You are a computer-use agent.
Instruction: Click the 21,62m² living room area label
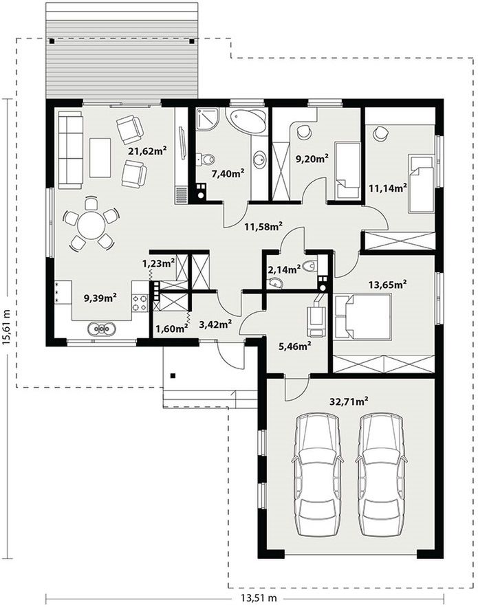click(147, 151)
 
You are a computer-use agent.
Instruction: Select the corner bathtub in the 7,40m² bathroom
click(246, 121)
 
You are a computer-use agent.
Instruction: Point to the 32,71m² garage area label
click(349, 401)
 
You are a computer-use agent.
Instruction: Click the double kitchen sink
click(102, 329)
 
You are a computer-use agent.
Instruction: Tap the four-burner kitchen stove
click(140, 302)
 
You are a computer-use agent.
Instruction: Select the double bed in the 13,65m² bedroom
click(363, 317)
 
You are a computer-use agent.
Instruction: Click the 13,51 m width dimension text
click(259, 598)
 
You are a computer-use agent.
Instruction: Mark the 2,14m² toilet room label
click(285, 269)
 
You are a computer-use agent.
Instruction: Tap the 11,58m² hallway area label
click(263, 226)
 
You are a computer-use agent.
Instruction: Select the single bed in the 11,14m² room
click(421, 183)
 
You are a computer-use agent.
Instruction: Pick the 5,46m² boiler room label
click(296, 346)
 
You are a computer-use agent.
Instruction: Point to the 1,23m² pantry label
click(158, 263)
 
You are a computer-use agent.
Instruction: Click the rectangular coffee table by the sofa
click(100, 158)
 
